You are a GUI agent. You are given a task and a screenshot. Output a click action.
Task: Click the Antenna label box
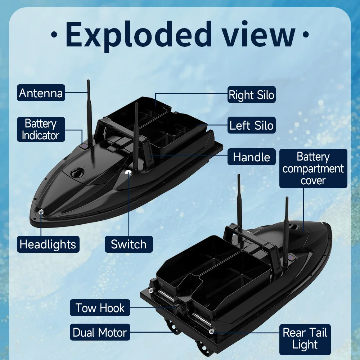click(41, 93)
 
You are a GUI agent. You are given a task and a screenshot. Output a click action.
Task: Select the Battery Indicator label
click(41, 130)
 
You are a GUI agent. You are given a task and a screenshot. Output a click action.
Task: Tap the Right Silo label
click(251, 95)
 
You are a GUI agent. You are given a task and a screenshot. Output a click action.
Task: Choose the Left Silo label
click(251, 125)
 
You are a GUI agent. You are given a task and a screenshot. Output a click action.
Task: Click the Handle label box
click(251, 157)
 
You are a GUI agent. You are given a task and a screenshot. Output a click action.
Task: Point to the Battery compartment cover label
click(313, 168)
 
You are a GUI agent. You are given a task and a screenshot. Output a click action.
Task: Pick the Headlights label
click(48, 244)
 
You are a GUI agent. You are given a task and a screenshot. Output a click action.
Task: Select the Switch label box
click(129, 244)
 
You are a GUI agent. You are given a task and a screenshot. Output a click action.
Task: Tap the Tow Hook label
click(100, 308)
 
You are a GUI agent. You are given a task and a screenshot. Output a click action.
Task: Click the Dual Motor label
click(100, 332)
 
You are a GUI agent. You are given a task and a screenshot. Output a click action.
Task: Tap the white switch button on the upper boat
click(128, 172)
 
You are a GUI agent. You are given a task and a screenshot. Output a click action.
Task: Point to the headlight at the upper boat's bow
click(41, 212)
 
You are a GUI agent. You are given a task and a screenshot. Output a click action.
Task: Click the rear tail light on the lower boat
click(212, 331)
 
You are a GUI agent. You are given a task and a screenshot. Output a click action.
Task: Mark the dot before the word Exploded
click(54, 35)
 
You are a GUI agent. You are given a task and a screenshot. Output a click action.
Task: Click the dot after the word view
click(306, 35)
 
